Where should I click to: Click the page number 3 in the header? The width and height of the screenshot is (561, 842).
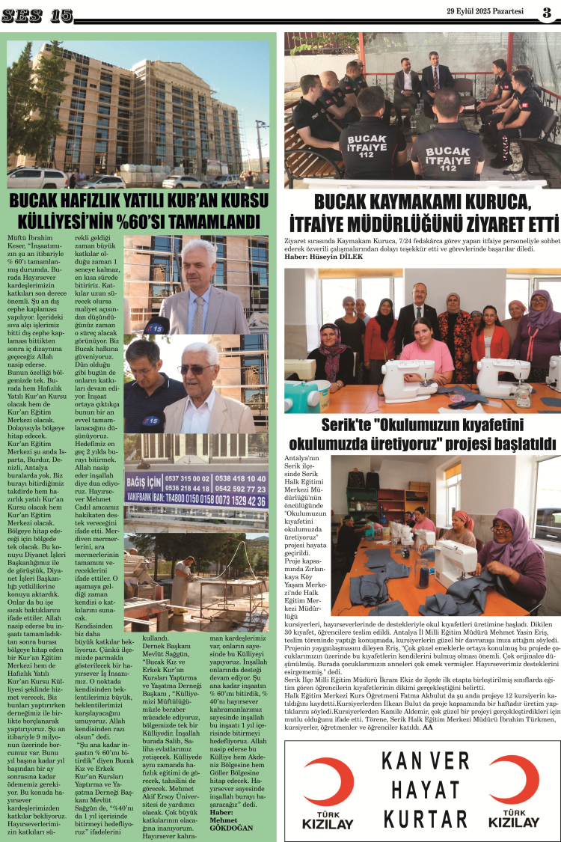coord(547,12)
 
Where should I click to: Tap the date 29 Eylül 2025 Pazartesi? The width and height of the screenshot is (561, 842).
coord(487,11)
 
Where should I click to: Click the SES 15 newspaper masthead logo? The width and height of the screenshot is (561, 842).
coord(37,16)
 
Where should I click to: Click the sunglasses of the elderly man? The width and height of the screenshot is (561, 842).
coord(197,369)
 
